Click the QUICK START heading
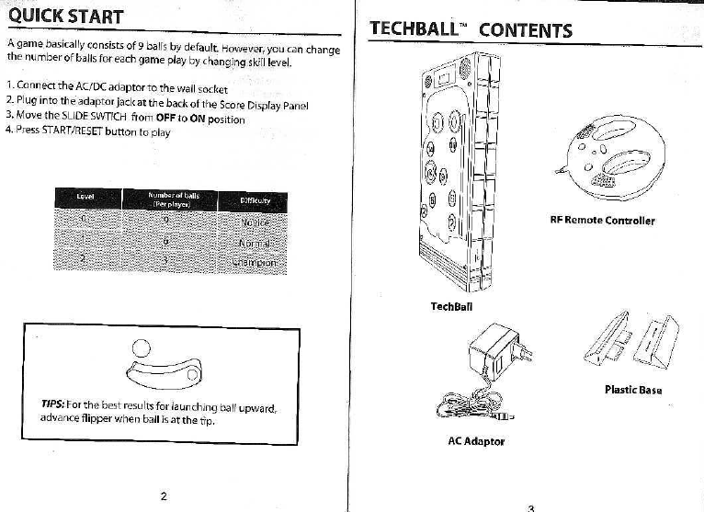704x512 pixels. point(65,17)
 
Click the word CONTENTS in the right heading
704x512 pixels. point(525,29)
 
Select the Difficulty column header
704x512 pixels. point(254,199)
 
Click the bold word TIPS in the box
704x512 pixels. point(51,404)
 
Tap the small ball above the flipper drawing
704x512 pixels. point(141,347)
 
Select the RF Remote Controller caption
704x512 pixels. point(602,221)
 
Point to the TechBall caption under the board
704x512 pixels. point(450,306)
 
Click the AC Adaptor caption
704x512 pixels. point(475,441)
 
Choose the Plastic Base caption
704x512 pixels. point(633,389)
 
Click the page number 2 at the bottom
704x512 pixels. point(164,495)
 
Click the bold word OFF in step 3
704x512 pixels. point(166,119)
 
